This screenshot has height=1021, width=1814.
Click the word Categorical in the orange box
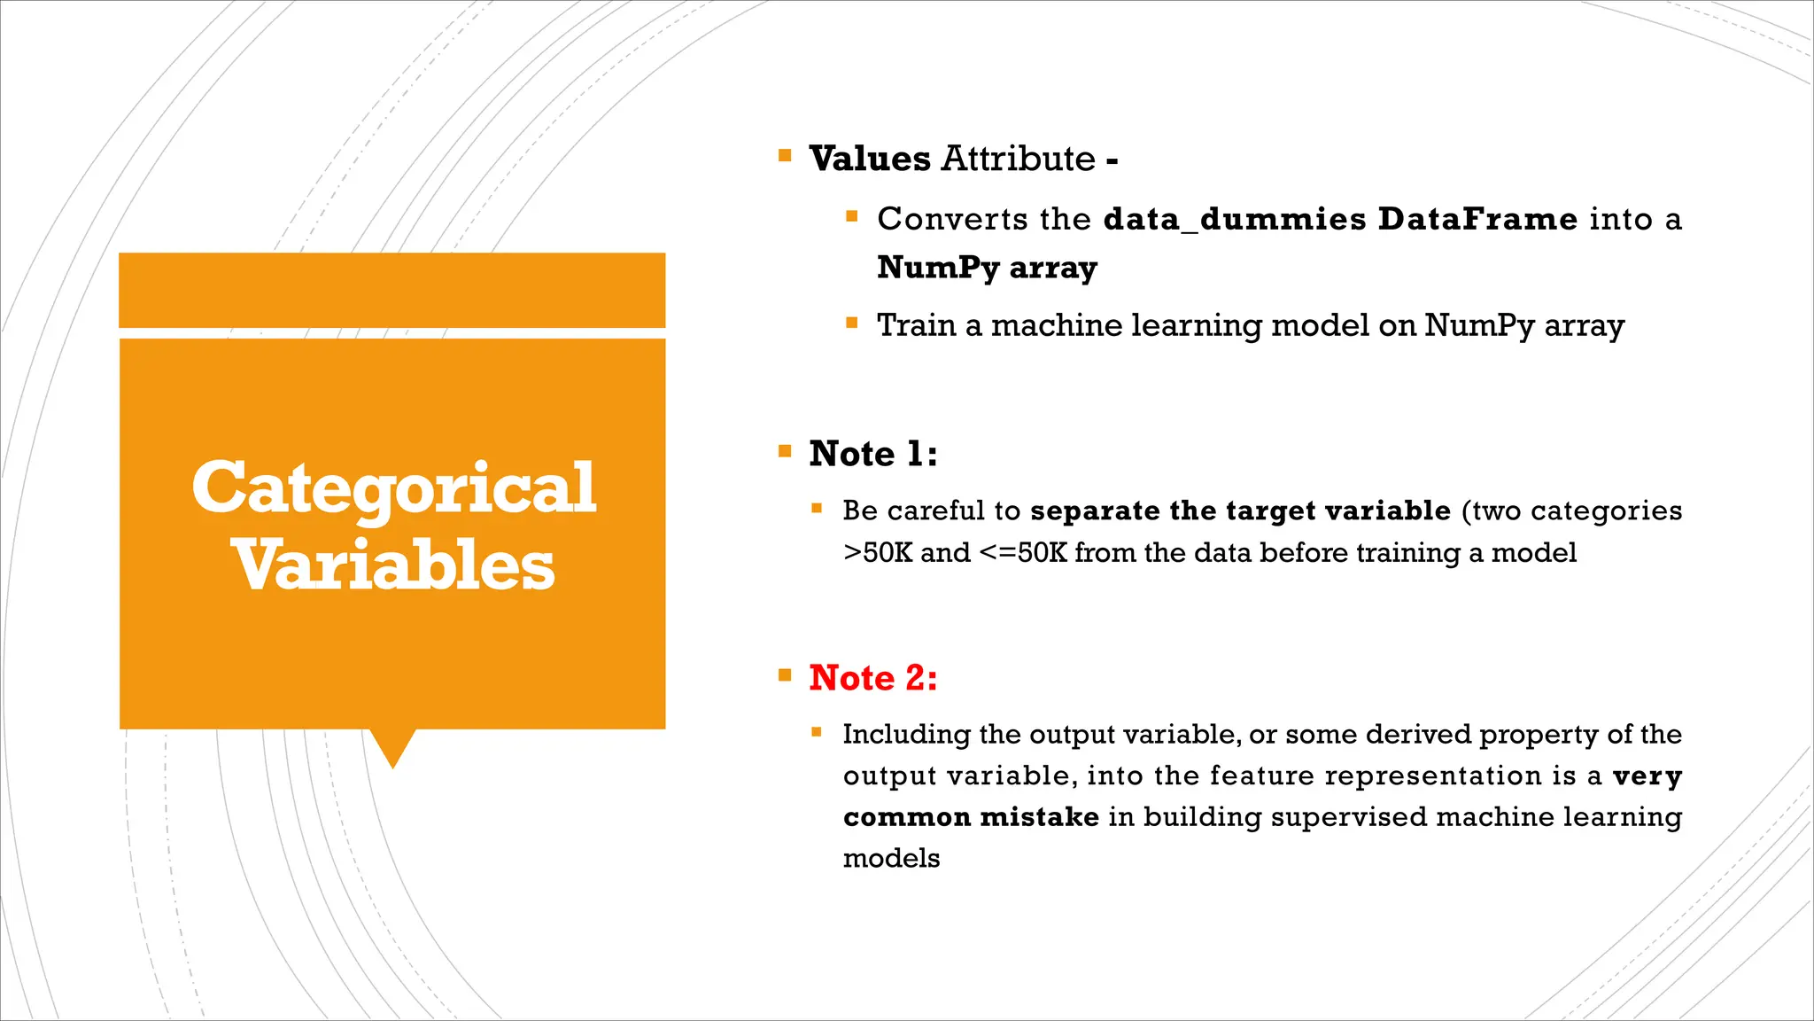pyautogui.click(x=393, y=488)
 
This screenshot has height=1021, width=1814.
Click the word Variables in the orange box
pyautogui.click(x=393, y=565)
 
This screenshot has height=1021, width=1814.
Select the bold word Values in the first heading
pyautogui.click(x=869, y=160)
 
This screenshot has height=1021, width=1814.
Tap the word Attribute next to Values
pyautogui.click(x=1018, y=160)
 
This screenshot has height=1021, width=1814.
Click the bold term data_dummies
pyautogui.click(x=1235, y=219)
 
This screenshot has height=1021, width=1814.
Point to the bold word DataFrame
pyautogui.click(x=1477, y=219)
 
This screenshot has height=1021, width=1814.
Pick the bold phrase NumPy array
pyautogui.click(x=987, y=268)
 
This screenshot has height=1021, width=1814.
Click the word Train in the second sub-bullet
pyautogui.click(x=916, y=325)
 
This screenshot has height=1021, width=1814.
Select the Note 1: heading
pyautogui.click(x=872, y=454)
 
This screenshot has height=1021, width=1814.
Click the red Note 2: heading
pyautogui.click(x=872, y=678)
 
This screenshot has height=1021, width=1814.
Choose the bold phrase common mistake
pyautogui.click(x=971, y=816)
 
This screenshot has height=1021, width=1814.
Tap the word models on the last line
pyautogui.click(x=891, y=858)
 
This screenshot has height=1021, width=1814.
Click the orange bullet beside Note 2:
pyautogui.click(x=785, y=675)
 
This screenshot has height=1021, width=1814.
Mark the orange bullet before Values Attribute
pyautogui.click(x=785, y=156)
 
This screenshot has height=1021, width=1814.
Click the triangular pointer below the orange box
pyautogui.click(x=392, y=746)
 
